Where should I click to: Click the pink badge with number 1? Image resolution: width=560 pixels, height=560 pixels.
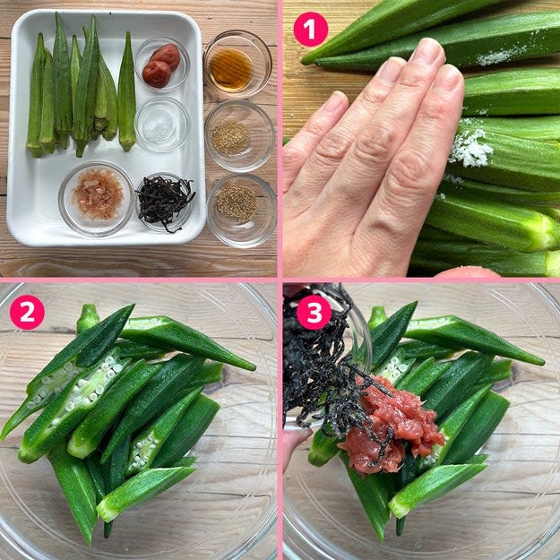click(x=310, y=30)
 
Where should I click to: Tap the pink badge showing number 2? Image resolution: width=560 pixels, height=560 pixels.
click(x=27, y=312)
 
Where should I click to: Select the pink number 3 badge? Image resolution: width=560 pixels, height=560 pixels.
click(x=314, y=312)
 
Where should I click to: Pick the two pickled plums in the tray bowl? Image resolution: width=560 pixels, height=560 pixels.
click(x=161, y=65)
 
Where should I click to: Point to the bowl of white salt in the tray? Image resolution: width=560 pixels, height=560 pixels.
click(x=162, y=125)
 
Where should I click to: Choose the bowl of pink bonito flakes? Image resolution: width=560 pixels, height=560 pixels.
click(x=97, y=199)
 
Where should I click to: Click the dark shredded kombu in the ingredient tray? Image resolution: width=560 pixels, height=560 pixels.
click(x=165, y=201)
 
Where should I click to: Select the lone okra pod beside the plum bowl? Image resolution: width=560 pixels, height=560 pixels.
click(x=127, y=91)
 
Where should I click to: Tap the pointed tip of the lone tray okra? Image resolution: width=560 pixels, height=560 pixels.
click(x=127, y=32)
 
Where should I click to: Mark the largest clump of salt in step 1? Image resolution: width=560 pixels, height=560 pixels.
click(x=470, y=147)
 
